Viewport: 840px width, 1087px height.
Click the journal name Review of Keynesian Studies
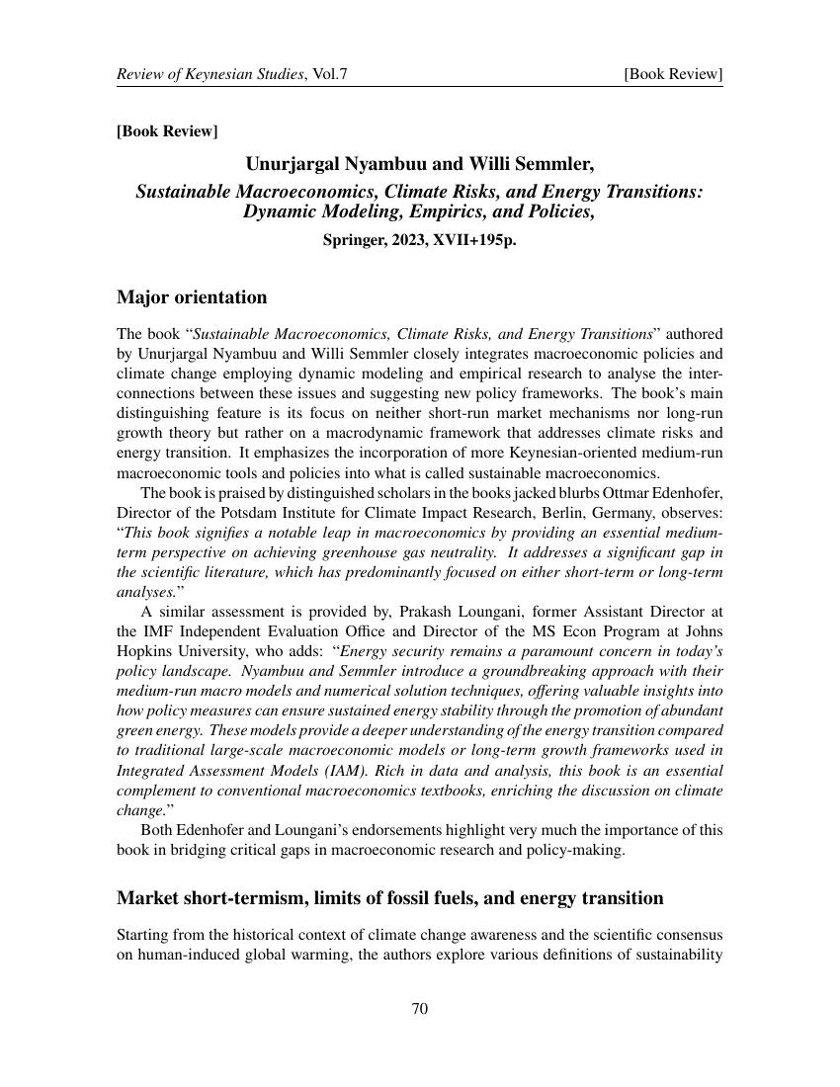pos(210,74)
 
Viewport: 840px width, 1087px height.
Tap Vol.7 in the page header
pos(328,74)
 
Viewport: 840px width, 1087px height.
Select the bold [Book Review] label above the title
pos(167,131)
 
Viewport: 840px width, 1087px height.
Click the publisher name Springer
pos(355,238)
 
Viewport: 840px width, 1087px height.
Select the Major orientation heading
pos(192,297)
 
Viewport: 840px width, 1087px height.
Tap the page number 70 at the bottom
pos(419,1009)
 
